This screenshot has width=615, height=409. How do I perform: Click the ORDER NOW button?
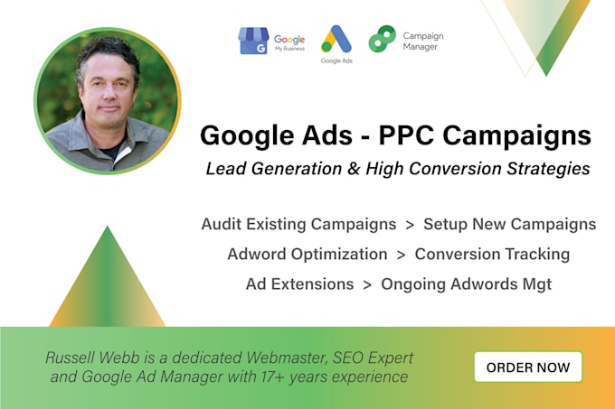click(528, 367)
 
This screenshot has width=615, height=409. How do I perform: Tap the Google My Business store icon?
click(253, 41)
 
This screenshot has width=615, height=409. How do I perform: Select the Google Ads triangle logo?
click(336, 39)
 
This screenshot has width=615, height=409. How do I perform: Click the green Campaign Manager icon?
click(382, 39)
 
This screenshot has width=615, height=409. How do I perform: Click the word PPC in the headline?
click(387, 136)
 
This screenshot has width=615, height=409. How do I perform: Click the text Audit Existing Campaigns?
click(300, 224)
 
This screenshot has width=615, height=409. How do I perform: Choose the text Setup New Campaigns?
click(509, 224)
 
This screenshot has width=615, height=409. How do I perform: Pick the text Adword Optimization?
click(307, 254)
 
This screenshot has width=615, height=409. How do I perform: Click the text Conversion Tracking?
click(492, 254)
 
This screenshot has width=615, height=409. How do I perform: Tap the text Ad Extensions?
click(299, 284)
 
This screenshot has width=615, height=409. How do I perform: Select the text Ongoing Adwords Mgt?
click(465, 284)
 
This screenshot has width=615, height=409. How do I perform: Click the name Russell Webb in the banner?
click(88, 357)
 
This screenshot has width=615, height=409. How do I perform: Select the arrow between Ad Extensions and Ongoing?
click(367, 284)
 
